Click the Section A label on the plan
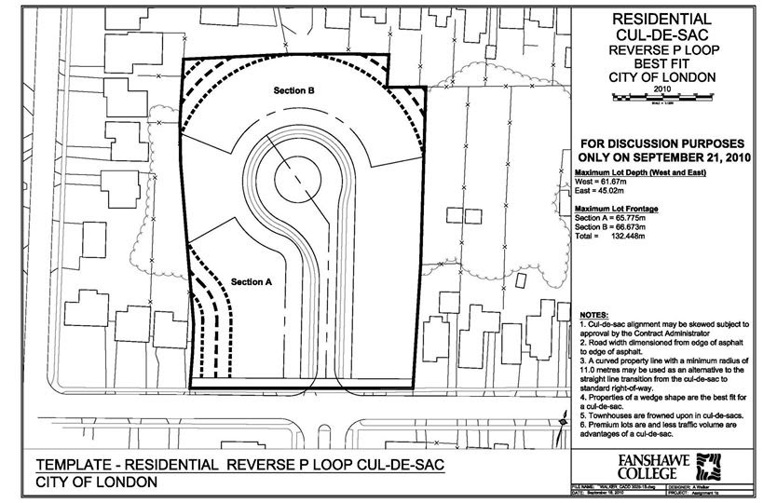[x=251, y=280]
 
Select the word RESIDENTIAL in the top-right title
[x=662, y=19]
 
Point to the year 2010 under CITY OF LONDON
[x=662, y=90]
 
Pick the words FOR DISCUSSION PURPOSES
[x=661, y=145]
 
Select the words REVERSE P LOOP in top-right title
[x=662, y=48]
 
